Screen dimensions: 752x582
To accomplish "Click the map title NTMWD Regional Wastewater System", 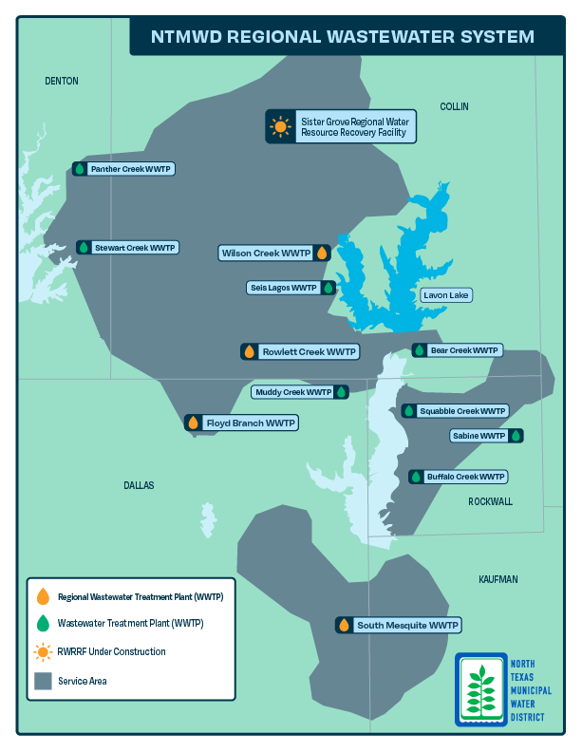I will coord(343,37).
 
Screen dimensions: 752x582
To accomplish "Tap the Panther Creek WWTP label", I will coord(131,169).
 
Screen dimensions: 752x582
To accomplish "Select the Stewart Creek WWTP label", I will coord(135,248).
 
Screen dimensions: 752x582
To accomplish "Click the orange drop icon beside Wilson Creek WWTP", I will coord(322,254).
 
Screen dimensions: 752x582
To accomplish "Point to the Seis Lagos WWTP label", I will coord(282,288).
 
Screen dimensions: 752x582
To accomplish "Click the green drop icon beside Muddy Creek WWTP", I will coord(341,391).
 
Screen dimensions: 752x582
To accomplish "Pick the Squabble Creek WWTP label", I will coord(462,411).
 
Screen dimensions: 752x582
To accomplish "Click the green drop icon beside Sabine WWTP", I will coord(516,436).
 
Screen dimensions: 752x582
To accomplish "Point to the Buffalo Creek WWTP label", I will coord(465,477).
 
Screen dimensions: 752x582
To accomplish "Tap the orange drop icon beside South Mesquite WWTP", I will coord(344,625).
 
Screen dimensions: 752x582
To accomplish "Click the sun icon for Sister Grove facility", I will coord(279,126).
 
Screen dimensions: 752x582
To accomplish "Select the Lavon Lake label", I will coord(446,295).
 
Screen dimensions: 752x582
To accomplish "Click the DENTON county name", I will coord(62,82).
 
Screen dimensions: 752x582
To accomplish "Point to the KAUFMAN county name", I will coord(498,579).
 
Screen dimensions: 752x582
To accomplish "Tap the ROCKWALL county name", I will coord(490,501).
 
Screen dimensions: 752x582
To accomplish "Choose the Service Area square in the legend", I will coord(43,681).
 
